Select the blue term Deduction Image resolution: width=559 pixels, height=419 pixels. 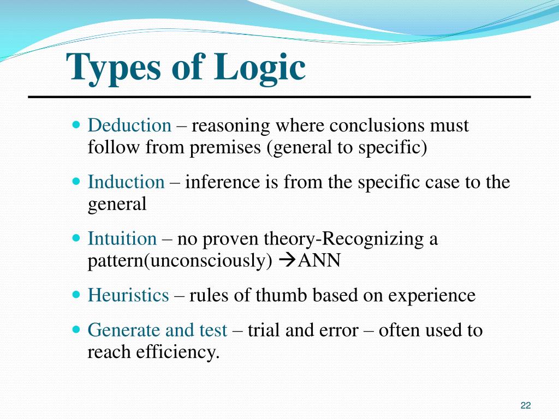(129, 126)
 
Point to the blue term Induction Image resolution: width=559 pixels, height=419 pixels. (126, 182)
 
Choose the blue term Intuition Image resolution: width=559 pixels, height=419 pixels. (122, 239)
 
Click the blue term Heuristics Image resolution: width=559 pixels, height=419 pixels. (128, 296)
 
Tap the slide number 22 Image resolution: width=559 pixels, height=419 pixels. (526, 405)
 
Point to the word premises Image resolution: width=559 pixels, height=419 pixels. (225, 148)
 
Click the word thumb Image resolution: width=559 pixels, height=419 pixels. (284, 296)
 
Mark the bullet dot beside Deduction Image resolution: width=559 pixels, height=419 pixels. (76, 125)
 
